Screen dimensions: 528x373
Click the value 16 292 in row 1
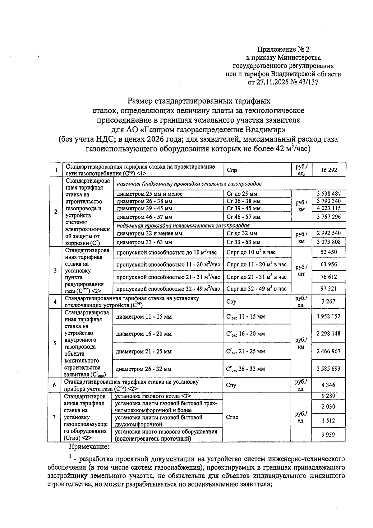329,170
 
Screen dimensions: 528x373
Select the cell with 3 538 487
329,194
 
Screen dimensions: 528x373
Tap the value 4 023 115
329,208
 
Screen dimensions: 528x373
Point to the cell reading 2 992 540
329,233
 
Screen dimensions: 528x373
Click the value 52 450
329,252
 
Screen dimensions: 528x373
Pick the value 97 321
329,289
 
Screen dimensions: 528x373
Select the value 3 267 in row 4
328,301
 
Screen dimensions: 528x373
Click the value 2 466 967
329,351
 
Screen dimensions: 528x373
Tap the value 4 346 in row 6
328,385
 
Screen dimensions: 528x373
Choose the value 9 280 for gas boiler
328,396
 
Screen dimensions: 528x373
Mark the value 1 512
328,421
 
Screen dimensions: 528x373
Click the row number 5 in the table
55,343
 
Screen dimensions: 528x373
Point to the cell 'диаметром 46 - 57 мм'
144,217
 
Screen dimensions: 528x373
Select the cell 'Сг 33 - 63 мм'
244,242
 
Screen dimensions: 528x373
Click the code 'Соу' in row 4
232,302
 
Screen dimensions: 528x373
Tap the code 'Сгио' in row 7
233,418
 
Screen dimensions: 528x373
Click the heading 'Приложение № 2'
283,49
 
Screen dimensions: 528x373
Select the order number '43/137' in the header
308,82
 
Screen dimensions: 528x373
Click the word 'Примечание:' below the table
89,447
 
